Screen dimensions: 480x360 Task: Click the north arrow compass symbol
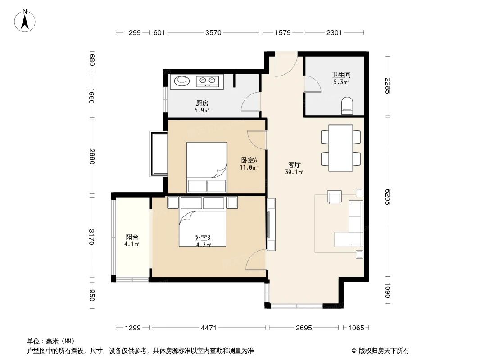click(x=25, y=21)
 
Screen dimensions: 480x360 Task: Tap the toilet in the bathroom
click(x=347, y=106)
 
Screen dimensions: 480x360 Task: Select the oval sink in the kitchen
click(x=182, y=81)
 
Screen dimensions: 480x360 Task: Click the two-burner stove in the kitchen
click(x=207, y=81)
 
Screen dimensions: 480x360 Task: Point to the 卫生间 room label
click(x=341, y=75)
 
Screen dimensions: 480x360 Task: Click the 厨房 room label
click(x=202, y=103)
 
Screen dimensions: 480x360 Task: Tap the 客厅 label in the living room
click(x=294, y=165)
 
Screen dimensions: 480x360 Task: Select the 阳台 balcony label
click(x=132, y=237)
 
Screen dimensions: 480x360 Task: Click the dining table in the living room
click(x=340, y=148)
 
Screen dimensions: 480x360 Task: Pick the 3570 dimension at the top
click(x=213, y=32)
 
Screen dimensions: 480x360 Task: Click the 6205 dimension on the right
click(x=388, y=197)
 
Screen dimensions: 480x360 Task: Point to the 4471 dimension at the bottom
click(x=208, y=328)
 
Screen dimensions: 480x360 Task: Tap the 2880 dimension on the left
click(x=92, y=156)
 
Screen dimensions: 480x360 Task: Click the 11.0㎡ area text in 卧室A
click(x=248, y=167)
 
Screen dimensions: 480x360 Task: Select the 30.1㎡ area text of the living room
click(x=294, y=172)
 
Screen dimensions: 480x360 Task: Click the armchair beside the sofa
click(x=334, y=197)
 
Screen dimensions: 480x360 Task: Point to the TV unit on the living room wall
click(x=271, y=225)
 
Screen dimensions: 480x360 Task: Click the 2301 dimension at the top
click(x=334, y=32)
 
